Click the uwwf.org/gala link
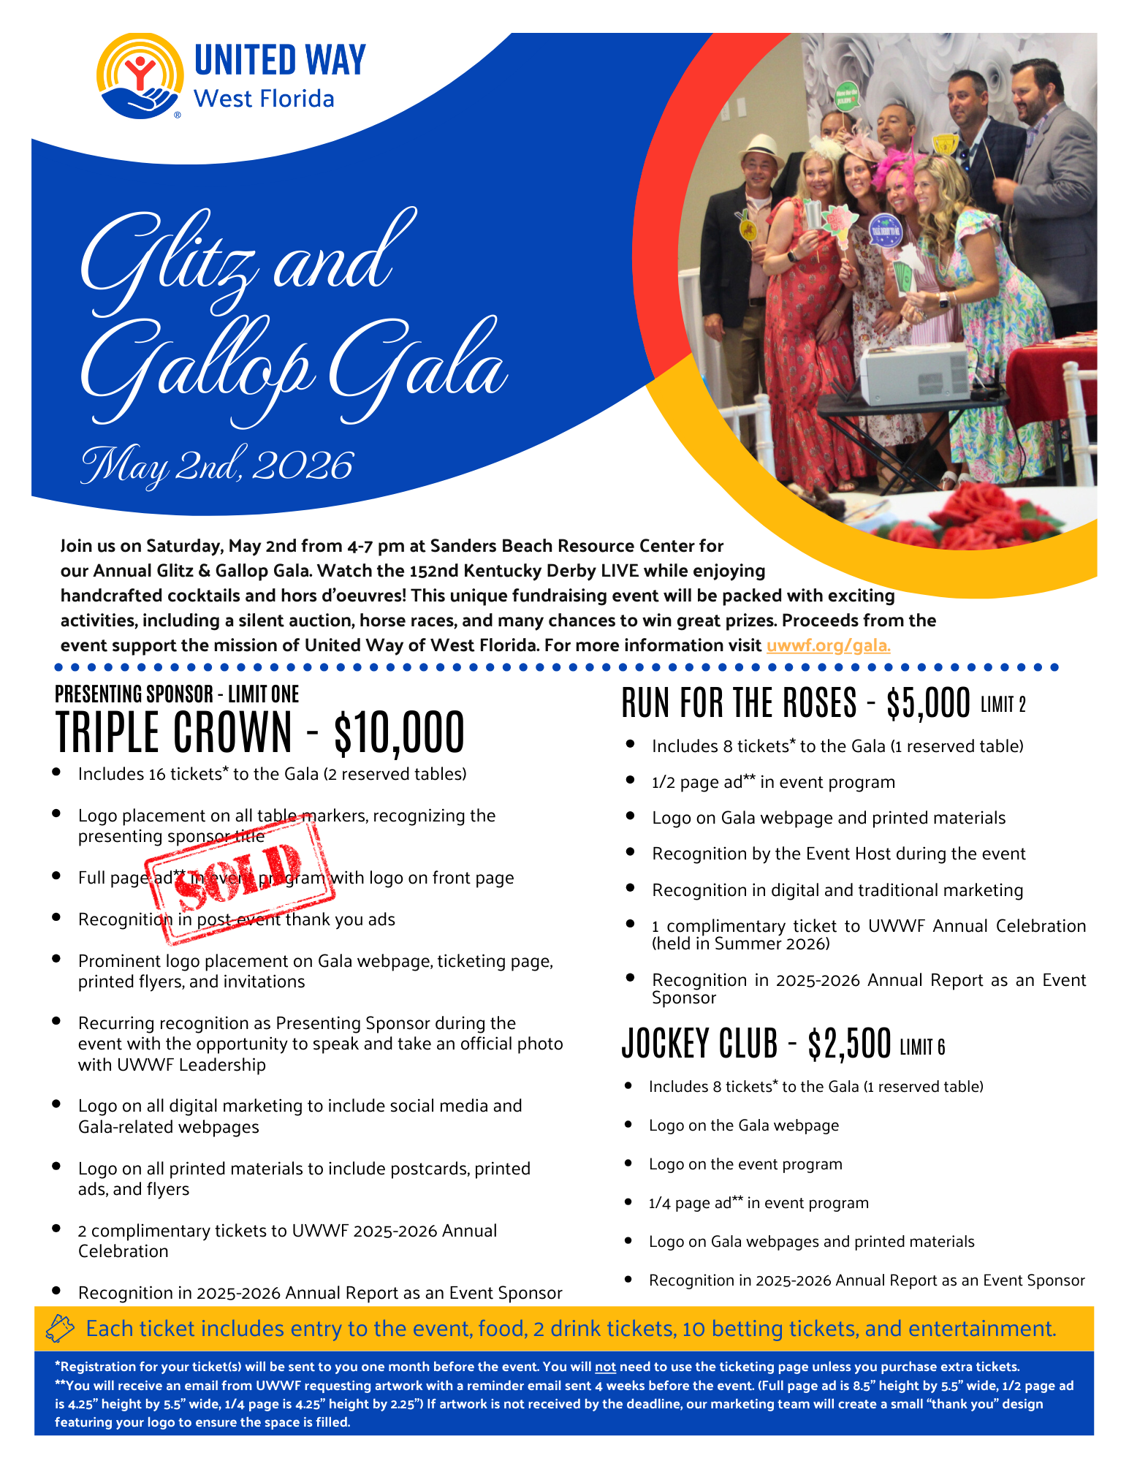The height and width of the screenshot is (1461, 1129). pyautogui.click(x=828, y=645)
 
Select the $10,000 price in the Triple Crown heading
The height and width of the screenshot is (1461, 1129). pyautogui.click(x=399, y=733)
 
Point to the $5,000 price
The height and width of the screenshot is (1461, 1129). pyautogui.click(x=928, y=703)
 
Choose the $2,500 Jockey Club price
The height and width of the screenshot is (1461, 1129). pyautogui.click(x=849, y=1044)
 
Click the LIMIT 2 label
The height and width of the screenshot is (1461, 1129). pyautogui.click(x=1003, y=705)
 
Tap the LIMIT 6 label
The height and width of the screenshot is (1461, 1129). pyautogui.click(x=922, y=1047)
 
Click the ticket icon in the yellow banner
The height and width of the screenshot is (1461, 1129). pyautogui.click(x=60, y=1328)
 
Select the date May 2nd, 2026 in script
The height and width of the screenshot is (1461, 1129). pyautogui.click(x=217, y=466)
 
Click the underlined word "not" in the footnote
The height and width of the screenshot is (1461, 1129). pyautogui.click(x=605, y=1367)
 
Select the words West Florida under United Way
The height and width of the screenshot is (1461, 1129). pyautogui.click(x=264, y=99)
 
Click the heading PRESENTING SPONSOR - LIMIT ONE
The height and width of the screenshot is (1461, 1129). pyautogui.click(x=177, y=694)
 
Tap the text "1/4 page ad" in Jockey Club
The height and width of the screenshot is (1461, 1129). pyautogui.click(x=689, y=1203)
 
